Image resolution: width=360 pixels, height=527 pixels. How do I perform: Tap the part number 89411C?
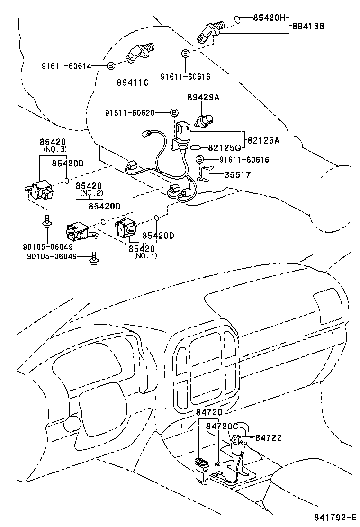coord(133,82)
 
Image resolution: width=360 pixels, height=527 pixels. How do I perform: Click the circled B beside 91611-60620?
coord(174,113)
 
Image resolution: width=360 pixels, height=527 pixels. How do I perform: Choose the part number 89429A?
coord(204,97)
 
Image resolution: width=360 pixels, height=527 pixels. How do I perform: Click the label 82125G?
coord(225,148)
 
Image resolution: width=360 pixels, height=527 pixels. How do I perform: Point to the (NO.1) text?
coord(145,256)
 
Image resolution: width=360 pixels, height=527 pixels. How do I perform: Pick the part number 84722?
coord(268,437)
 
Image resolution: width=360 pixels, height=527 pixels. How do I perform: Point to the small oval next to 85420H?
coord(238,19)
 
